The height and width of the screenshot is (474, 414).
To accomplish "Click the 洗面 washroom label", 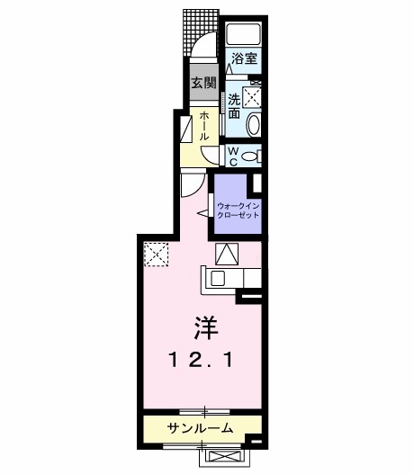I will click(x=234, y=106).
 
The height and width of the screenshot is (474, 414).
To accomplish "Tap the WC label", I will click(x=231, y=156).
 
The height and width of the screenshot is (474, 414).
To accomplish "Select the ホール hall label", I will click(x=205, y=125).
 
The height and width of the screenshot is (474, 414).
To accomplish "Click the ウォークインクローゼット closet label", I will click(x=238, y=210).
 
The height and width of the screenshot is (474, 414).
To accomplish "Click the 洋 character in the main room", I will click(x=202, y=326).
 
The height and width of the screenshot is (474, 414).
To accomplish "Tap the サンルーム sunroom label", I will click(x=199, y=428).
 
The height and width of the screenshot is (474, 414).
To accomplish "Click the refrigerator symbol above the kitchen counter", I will click(x=226, y=255).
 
